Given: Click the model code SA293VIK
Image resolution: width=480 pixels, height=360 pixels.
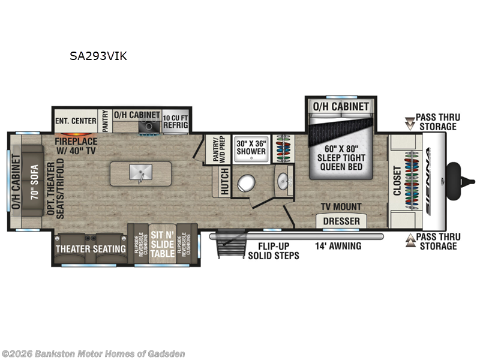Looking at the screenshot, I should coord(97,57).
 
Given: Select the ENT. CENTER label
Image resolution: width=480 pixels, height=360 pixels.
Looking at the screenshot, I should coord(76,121).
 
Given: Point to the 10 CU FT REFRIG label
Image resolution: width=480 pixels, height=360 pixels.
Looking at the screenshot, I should coord(175,121).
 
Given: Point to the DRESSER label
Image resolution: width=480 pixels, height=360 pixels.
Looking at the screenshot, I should coord(341,221).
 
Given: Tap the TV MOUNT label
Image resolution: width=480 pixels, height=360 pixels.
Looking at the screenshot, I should coord(341,207).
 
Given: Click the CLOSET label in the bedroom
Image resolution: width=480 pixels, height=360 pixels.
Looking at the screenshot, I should coord(397,181).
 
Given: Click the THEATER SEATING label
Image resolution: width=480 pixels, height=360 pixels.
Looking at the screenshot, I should coord(91,248).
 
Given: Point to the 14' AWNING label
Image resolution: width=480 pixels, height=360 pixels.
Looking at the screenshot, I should coord(339,245).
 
